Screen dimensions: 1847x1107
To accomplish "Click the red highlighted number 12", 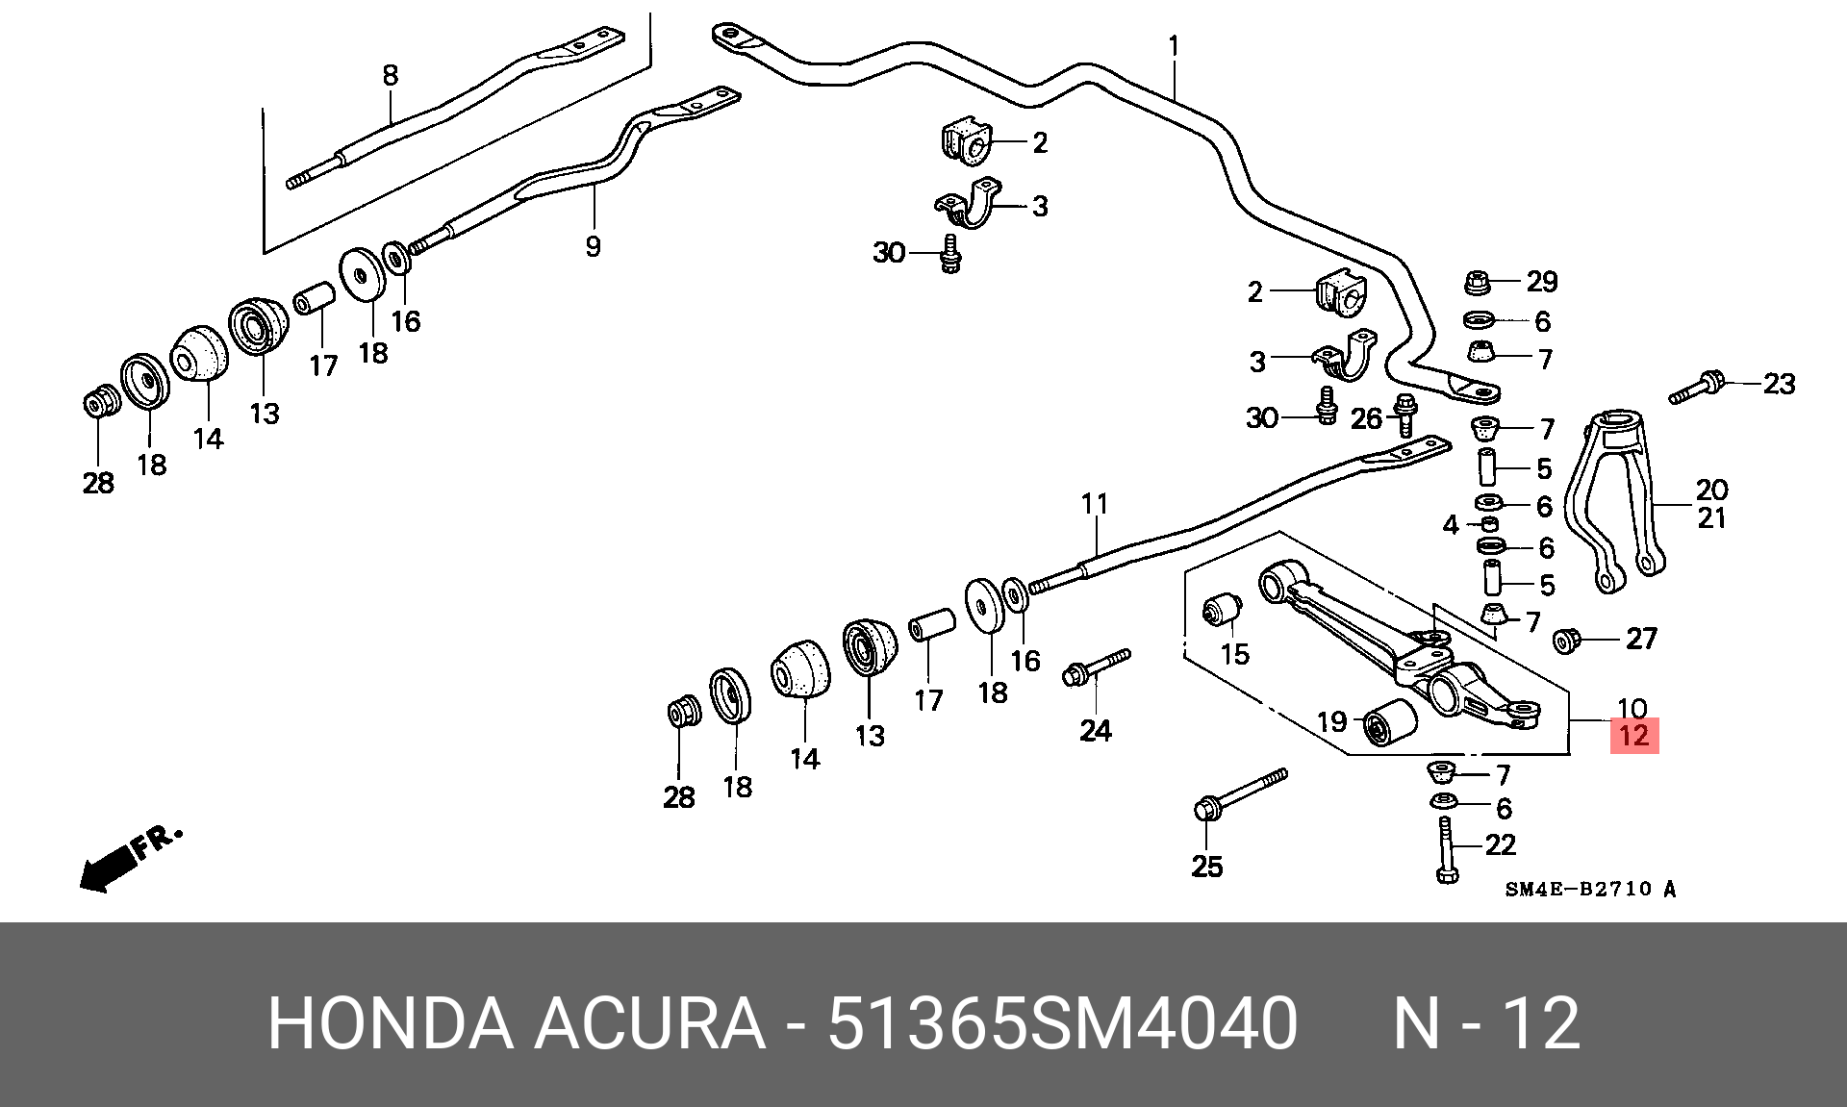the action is click(1634, 736).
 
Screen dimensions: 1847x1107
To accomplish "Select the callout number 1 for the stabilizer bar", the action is click(1174, 46).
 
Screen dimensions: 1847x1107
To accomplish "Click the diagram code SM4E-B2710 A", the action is click(1590, 890).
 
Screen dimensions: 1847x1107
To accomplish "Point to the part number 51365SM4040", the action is click(1063, 1023).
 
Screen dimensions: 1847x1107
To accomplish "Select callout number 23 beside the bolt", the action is click(1779, 384).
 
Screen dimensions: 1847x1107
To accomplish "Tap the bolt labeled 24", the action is click(1097, 667).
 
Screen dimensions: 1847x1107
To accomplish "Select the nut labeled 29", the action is click(1479, 283).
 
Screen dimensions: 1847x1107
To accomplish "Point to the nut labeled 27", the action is click(1568, 640).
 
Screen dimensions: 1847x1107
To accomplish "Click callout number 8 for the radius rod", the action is click(390, 75).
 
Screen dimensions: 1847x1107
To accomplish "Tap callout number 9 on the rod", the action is click(593, 246).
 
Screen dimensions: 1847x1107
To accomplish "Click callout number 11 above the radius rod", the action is click(1095, 503).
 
